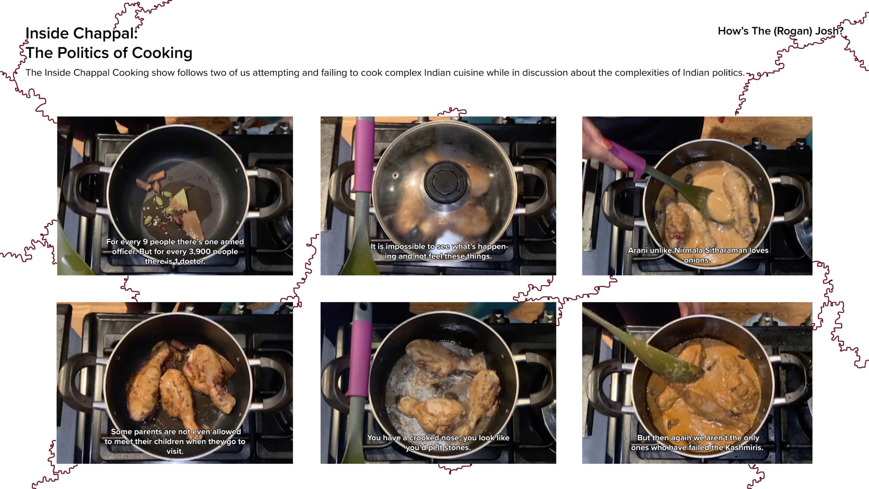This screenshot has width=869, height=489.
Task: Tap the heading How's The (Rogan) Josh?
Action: pyautogui.click(x=780, y=31)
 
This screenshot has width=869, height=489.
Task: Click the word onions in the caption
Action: pyautogui.click(x=697, y=260)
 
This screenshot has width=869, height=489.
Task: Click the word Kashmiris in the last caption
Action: pyautogui.click(x=744, y=448)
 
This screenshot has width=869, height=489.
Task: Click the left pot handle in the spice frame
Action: pyautogui.click(x=78, y=190)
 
